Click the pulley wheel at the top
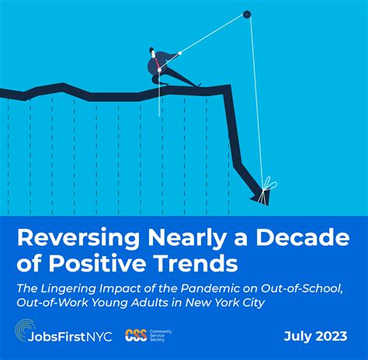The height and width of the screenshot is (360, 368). [x=247, y=13]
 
